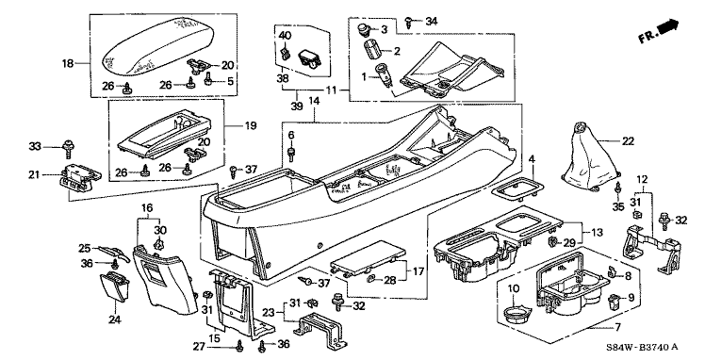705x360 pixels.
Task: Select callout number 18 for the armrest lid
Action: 68,64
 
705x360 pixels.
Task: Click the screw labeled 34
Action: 410,22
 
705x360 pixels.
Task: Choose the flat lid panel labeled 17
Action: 368,261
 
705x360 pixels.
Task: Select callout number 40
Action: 285,35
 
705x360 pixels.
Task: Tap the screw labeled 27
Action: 238,346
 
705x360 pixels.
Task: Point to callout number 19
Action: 250,125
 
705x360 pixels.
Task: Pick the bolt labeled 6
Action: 291,151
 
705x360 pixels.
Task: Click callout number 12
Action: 642,179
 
